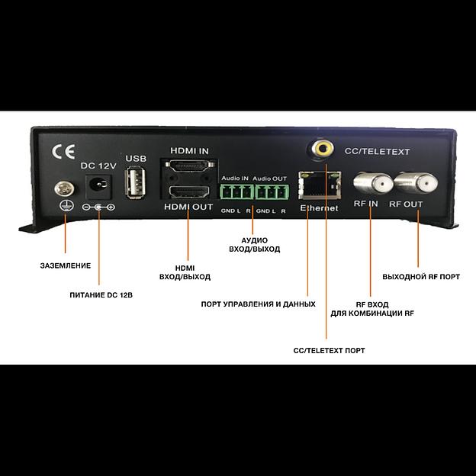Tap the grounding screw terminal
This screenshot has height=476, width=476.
(x=64, y=188)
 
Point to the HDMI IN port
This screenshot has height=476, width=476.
(x=188, y=168)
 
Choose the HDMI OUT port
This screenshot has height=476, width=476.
(x=188, y=191)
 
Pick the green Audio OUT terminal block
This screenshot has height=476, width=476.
(x=271, y=191)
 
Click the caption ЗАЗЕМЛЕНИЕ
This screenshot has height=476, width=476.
(x=66, y=265)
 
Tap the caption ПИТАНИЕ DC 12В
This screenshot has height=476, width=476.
(x=97, y=294)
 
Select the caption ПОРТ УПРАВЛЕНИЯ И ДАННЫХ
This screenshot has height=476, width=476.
(x=258, y=304)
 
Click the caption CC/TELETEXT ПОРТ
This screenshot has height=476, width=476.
(x=329, y=350)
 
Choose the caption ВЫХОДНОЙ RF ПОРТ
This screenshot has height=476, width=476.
(x=421, y=276)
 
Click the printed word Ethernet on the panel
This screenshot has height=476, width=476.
(x=319, y=208)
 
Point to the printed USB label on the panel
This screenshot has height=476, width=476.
(x=136, y=159)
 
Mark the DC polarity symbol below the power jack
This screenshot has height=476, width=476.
(x=98, y=207)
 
